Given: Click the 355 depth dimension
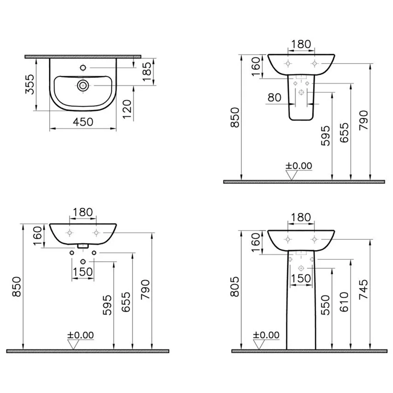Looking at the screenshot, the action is pos(30,84).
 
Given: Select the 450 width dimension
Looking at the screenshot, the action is pos(83,122).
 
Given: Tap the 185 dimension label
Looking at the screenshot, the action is pos(147,72).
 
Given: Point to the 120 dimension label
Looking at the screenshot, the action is pos(127,110).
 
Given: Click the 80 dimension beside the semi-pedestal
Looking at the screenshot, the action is pos(274,98).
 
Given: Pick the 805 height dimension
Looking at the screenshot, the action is pos(235,287).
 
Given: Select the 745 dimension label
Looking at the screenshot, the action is pos(364,289).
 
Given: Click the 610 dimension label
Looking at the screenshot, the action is pos(344,302).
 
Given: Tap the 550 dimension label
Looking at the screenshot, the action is pos(325,305).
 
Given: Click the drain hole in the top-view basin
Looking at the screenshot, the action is pos(83,85).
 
